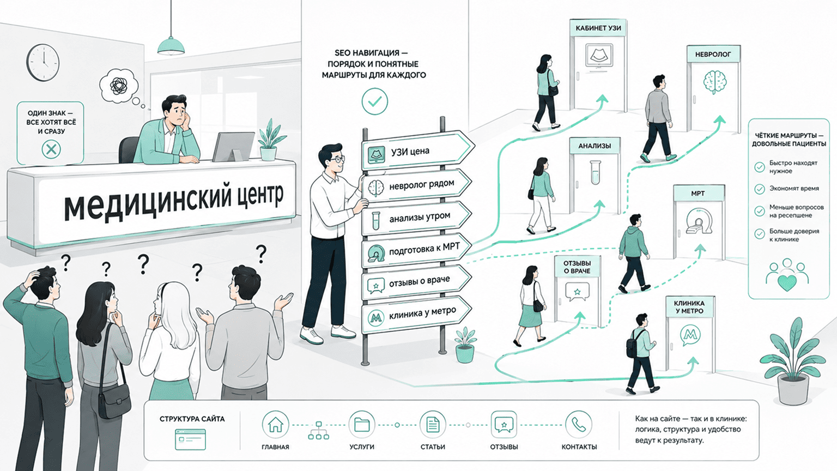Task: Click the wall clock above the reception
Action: pos(43,63)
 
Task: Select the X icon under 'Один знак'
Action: pos(51,149)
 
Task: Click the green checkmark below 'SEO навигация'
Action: pos(375,101)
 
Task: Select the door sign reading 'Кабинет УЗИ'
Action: pos(598,28)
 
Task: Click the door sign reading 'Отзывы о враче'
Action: pos(577,267)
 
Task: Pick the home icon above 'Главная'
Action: pos(275,425)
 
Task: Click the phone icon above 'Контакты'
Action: pos(578,425)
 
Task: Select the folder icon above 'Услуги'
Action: pos(362,425)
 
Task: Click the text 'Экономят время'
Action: pos(794,189)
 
